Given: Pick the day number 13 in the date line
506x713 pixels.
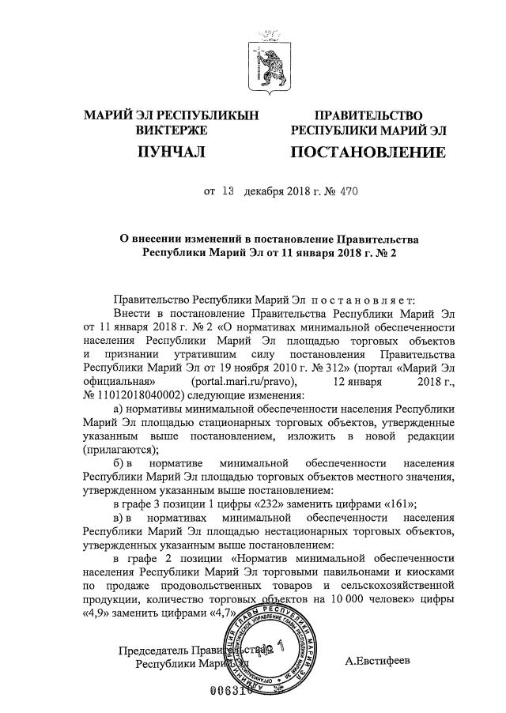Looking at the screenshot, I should pyautogui.click(x=229, y=191).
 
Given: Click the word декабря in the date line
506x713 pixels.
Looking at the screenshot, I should pyautogui.click(x=264, y=191).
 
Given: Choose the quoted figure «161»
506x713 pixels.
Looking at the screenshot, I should pyautogui.click(x=379, y=503).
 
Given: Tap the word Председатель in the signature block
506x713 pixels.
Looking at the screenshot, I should pyautogui.click(x=154, y=651).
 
